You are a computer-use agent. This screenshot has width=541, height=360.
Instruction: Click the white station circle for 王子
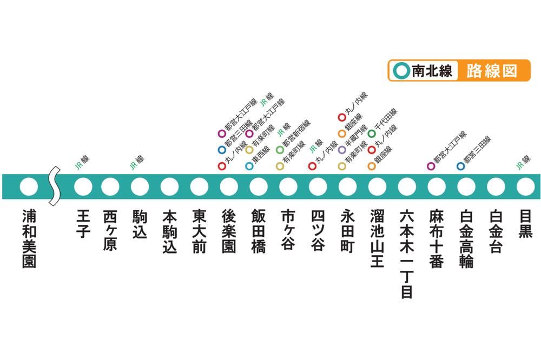point(83,187)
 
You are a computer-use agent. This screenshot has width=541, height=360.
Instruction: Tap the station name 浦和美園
point(29,238)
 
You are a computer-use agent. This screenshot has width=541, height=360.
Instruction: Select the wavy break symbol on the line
point(55,186)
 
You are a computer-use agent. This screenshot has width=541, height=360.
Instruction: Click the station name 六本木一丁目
point(407,254)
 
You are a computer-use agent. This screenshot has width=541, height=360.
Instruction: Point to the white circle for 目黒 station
point(525,187)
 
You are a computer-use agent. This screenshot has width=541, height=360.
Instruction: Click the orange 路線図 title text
point(492,71)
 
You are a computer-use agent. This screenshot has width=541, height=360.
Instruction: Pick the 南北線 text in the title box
point(432,71)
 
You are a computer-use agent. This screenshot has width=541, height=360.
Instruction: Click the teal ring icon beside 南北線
point(401,71)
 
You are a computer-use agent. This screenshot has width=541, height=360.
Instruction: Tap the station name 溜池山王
point(377,238)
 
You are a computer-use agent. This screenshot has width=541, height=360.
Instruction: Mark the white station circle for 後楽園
point(229,187)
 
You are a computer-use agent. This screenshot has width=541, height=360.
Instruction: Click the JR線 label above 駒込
point(137,163)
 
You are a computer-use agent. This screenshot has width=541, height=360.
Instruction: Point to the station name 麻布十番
point(437,238)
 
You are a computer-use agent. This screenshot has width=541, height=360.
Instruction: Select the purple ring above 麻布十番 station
point(431,166)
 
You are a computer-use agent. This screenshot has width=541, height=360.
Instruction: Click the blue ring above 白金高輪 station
point(460,166)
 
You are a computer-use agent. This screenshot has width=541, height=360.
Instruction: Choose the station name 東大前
point(199,231)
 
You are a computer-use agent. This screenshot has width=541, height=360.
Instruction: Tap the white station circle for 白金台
point(496,187)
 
